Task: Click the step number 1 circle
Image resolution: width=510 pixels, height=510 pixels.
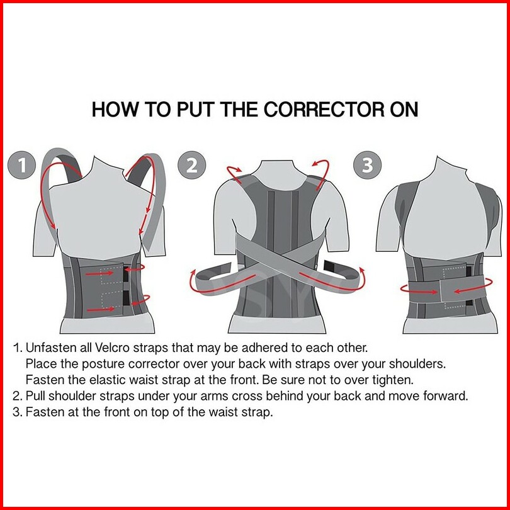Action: pyautogui.click(x=21, y=165)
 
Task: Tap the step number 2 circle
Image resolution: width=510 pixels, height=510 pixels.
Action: pyautogui.click(x=191, y=165)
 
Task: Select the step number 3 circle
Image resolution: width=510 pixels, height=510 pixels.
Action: pyautogui.click(x=367, y=165)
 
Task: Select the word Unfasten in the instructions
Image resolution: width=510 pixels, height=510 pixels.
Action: pyautogui.click(x=51, y=348)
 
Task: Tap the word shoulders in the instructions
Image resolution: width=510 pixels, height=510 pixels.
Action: pyautogui.click(x=417, y=364)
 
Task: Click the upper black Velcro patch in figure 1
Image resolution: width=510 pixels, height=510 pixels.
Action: pyautogui.click(x=126, y=273)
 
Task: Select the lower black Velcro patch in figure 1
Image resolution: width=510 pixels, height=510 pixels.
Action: pyautogui.click(x=126, y=298)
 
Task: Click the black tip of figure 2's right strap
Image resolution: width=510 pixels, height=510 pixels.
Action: pyautogui.click(x=332, y=266)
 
